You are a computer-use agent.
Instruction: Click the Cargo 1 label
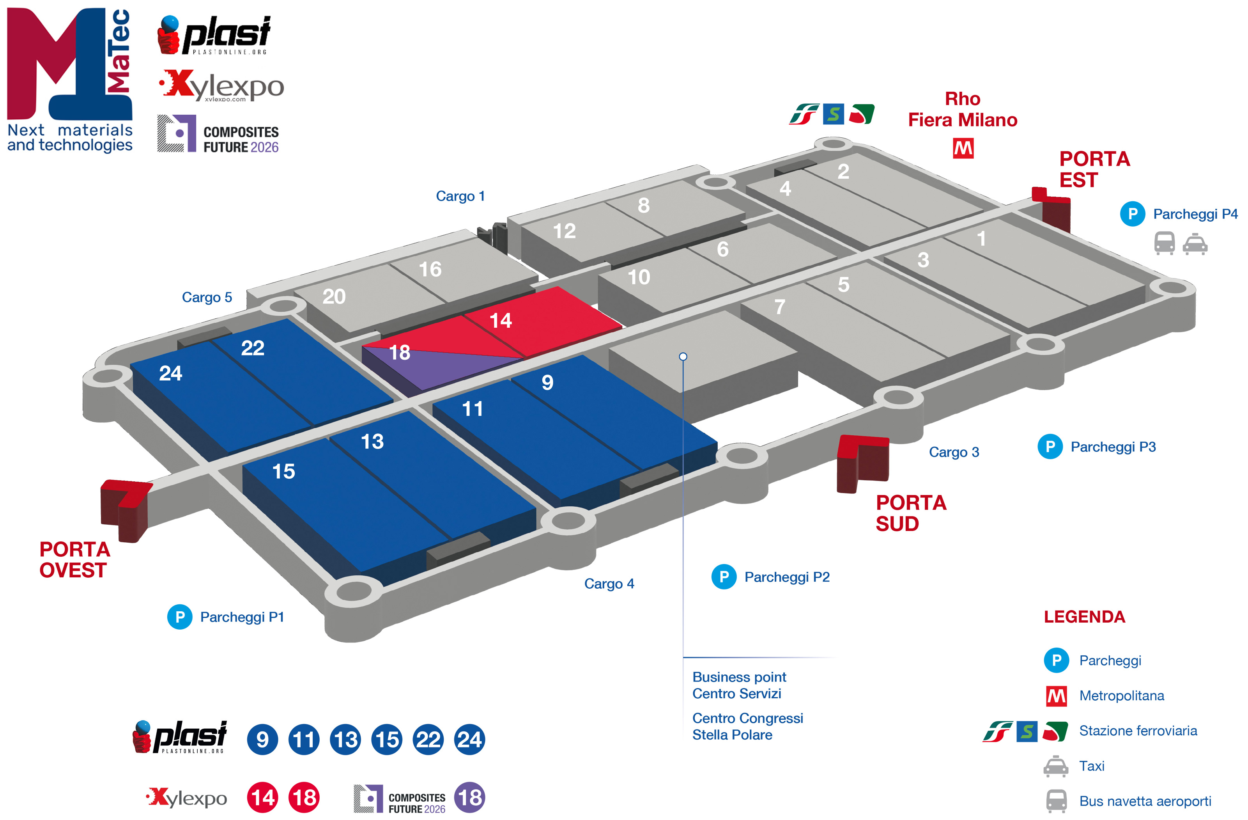[460, 196]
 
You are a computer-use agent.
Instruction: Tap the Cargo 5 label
[207, 298]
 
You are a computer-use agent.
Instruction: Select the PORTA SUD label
[911, 513]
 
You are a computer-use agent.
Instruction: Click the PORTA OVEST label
[74, 560]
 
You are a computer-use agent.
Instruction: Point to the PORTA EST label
[1094, 169]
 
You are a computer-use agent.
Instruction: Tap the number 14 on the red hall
[500, 321]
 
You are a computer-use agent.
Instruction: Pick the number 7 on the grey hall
[780, 307]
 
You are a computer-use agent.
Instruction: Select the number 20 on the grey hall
[334, 297]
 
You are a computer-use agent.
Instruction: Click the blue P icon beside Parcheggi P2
[724, 577]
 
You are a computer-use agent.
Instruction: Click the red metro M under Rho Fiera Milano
[963, 149]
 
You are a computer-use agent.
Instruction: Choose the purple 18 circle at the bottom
[469, 797]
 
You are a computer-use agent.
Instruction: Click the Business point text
[739, 677]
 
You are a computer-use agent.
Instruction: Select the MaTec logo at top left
[69, 79]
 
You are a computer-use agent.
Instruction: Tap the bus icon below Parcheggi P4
[1164, 243]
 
